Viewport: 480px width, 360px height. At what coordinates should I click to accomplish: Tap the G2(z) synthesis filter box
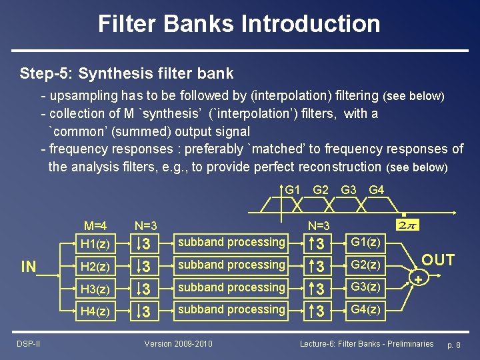coord(365,265)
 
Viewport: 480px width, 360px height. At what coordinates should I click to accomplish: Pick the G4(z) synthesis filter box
coord(365,310)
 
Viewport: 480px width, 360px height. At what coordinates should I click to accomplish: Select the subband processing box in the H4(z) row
coord(231,310)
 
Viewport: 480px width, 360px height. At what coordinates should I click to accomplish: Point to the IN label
coord(29,267)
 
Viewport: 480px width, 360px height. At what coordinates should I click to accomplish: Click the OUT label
coord(438,260)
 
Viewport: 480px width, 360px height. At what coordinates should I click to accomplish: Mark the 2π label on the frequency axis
coord(406,225)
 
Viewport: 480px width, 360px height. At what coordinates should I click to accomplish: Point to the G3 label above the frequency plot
coord(349,190)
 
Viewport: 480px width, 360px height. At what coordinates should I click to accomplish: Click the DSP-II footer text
coord(29,343)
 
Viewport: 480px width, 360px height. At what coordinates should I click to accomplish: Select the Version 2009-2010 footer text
coord(179,343)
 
